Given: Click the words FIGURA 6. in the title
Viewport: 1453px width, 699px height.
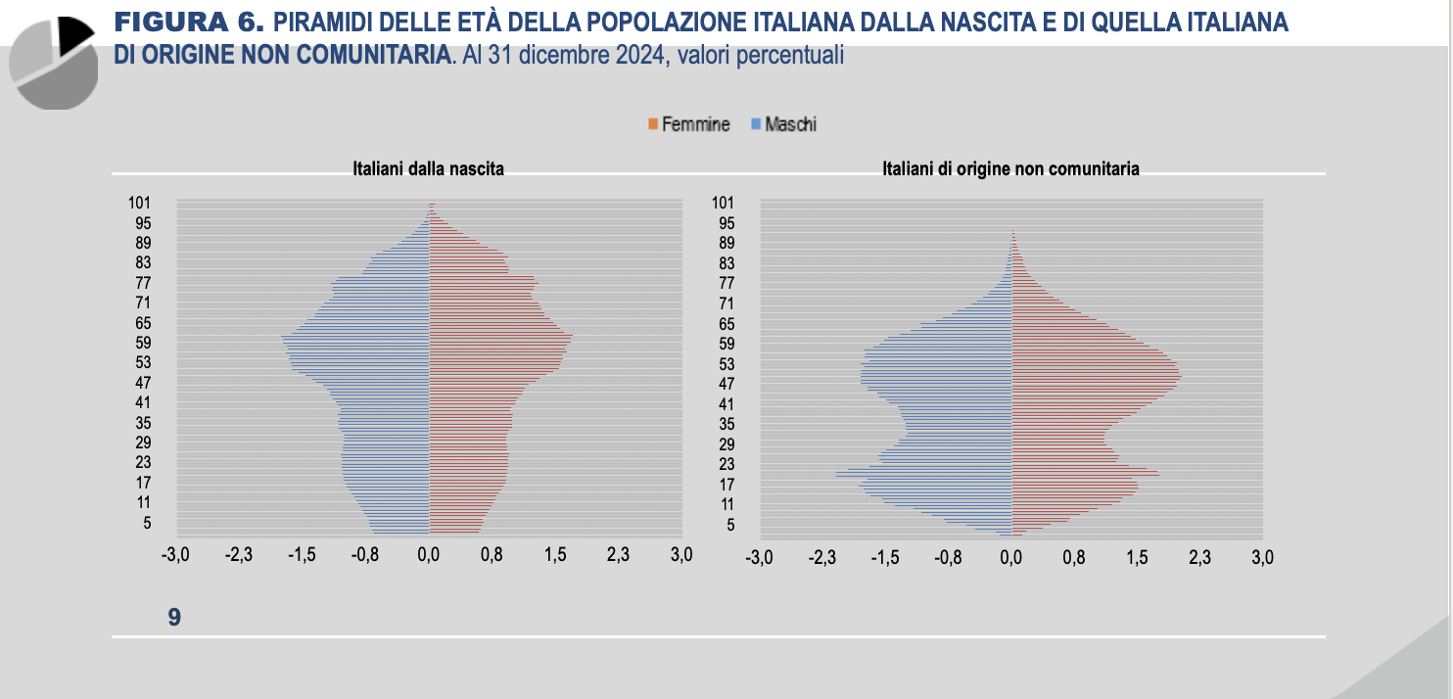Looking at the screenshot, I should pos(189,22).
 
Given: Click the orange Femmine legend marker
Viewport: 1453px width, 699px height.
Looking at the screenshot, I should pos(651,124).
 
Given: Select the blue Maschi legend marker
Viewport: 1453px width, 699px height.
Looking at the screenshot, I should pos(755,124).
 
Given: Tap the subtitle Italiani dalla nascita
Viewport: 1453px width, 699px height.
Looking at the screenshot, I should pos(429,168).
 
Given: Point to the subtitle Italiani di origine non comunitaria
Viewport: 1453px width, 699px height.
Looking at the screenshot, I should pos(1010,168).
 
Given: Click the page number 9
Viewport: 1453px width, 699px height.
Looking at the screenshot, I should pos(174,617).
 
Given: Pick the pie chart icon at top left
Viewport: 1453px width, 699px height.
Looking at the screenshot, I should pos(54,62).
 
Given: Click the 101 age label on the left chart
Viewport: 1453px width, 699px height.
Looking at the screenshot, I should pos(140,203).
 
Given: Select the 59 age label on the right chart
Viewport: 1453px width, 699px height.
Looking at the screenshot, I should pos(726,344).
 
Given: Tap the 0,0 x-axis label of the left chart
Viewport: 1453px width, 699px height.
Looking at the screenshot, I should pos(429,555).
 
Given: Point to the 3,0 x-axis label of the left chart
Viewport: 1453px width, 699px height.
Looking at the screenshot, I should pos(681,555).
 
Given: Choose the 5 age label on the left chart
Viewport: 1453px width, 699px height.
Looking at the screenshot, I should pos(147,523).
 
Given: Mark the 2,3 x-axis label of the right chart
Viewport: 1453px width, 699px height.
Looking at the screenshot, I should pos(1199,557).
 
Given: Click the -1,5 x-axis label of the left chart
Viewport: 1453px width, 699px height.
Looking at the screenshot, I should pos(302,555).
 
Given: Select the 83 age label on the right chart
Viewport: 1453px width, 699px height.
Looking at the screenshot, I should pos(726,263).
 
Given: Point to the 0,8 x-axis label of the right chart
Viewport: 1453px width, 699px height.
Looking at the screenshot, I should pos(1074,557).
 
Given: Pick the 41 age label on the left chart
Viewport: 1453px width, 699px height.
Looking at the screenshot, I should pos(143,402).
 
